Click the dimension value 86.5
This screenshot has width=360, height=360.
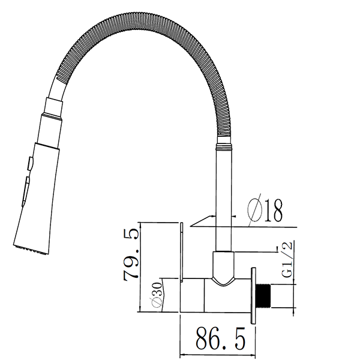[220, 339]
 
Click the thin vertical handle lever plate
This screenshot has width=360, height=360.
[181, 252]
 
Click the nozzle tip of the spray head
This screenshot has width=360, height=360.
[29, 250]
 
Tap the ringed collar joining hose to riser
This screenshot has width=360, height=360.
[223, 145]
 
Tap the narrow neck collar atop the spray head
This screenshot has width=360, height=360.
[52, 107]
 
